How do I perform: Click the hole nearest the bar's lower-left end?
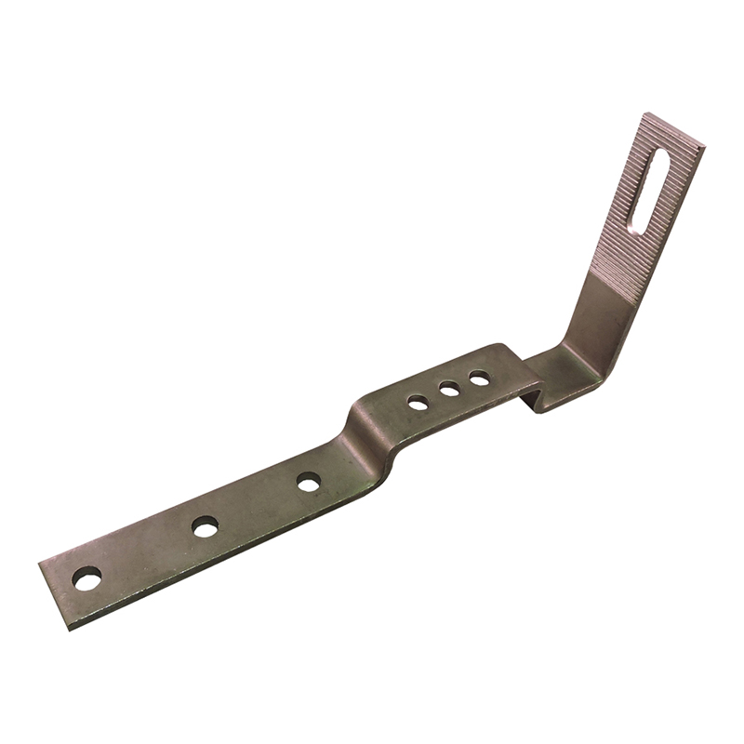pyautogui.click(x=86, y=578)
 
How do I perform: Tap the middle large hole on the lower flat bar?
pyautogui.click(x=205, y=526)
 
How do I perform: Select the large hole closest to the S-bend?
pyautogui.click(x=309, y=482)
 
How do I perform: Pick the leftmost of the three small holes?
pyautogui.click(x=418, y=403)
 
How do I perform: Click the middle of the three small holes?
pyautogui.click(x=449, y=391)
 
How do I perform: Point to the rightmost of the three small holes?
pyautogui.click(x=479, y=379)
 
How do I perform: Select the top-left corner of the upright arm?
pyautogui.click(x=643, y=113)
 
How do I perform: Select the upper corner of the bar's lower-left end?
pyautogui.click(x=39, y=563)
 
